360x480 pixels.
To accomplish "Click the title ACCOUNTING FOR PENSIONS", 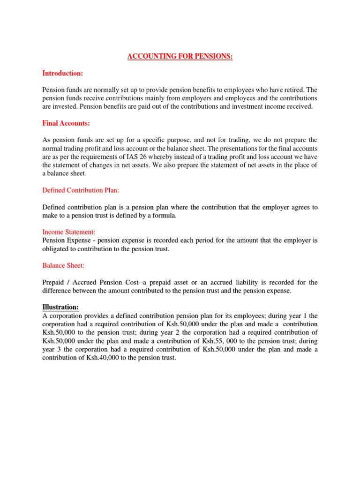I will pos(180,57).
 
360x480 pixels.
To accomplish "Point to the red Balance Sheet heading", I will pos(63,265).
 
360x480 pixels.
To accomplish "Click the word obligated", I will pos(57,249).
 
